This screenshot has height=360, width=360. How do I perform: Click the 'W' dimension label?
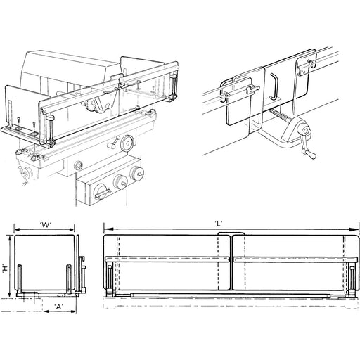(x=46, y=225)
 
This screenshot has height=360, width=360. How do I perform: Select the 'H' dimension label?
(x=5, y=267)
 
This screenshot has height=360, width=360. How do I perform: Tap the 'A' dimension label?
(x=59, y=307)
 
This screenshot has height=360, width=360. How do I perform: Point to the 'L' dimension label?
(x=219, y=224)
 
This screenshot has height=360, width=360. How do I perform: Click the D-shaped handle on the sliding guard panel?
(x=274, y=86)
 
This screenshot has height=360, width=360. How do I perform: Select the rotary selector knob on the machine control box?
(x=101, y=192)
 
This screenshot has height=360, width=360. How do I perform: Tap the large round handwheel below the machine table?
(x=127, y=142)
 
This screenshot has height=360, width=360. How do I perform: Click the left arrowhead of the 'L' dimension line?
(x=108, y=229)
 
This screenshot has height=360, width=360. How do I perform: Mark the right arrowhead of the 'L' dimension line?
(x=354, y=230)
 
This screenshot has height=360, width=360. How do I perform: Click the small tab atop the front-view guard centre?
(x=231, y=233)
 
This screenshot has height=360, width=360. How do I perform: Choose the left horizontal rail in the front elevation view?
(x=167, y=259)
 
